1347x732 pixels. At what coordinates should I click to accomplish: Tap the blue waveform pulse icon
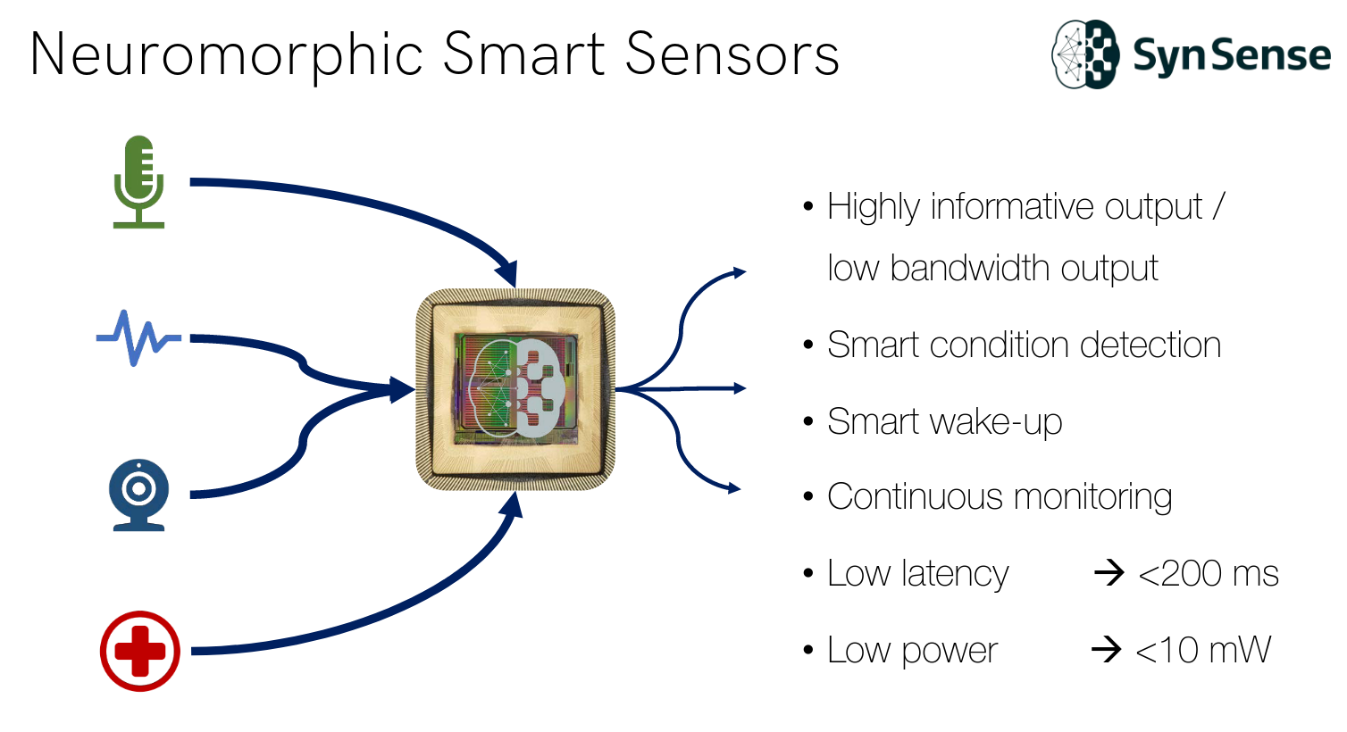[x=138, y=337]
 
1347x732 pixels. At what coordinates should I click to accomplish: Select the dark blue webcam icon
[x=138, y=495]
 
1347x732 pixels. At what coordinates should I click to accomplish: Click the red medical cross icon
[x=139, y=651]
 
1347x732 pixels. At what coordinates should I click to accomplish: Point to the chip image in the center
[x=515, y=389]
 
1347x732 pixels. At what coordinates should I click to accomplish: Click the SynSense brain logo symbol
[x=1084, y=54]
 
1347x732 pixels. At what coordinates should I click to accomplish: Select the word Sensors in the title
[x=732, y=54]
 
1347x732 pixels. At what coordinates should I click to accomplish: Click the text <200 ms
[x=1208, y=573]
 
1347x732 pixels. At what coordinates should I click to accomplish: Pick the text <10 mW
[x=1202, y=650]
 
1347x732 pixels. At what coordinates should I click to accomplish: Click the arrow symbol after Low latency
[x=1109, y=572]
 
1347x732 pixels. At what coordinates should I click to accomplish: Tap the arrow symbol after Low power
[x=1106, y=649]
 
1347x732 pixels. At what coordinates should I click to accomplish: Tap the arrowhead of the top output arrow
[x=739, y=271]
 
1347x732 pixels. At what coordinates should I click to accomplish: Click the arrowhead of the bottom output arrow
[x=734, y=487]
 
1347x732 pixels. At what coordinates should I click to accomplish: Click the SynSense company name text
[x=1232, y=55]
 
